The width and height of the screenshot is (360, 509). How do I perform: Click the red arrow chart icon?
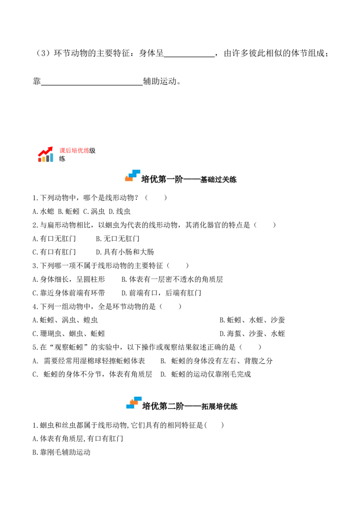[46, 154]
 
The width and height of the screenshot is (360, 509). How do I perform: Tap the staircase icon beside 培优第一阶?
[133, 176]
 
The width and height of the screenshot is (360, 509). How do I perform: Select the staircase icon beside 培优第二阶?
[134, 402]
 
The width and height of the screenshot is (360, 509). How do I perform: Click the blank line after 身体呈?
[189, 57]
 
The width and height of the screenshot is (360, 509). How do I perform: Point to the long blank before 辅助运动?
[92, 85]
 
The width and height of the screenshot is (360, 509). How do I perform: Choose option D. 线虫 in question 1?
[120, 212]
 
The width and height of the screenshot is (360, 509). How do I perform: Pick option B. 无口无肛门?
[117, 239]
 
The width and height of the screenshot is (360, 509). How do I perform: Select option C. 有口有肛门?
[54, 252]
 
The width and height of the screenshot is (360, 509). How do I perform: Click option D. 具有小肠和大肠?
[125, 252]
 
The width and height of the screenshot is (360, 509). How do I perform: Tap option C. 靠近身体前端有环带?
[69, 293]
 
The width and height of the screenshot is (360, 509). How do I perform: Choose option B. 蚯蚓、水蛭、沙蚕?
[252, 321]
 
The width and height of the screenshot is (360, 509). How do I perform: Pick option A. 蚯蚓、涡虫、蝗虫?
[65, 321]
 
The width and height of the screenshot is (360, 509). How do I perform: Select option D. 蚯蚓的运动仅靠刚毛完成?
[206, 375]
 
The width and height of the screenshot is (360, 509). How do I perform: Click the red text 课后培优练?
[74, 151]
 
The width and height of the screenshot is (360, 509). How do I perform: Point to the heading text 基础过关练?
[218, 180]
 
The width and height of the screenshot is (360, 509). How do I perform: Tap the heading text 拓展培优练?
[219, 407]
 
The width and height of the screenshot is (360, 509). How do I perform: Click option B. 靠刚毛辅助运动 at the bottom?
[61, 453]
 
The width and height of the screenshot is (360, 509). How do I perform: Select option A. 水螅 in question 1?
[44, 212]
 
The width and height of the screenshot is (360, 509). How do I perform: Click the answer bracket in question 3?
[178, 266]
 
